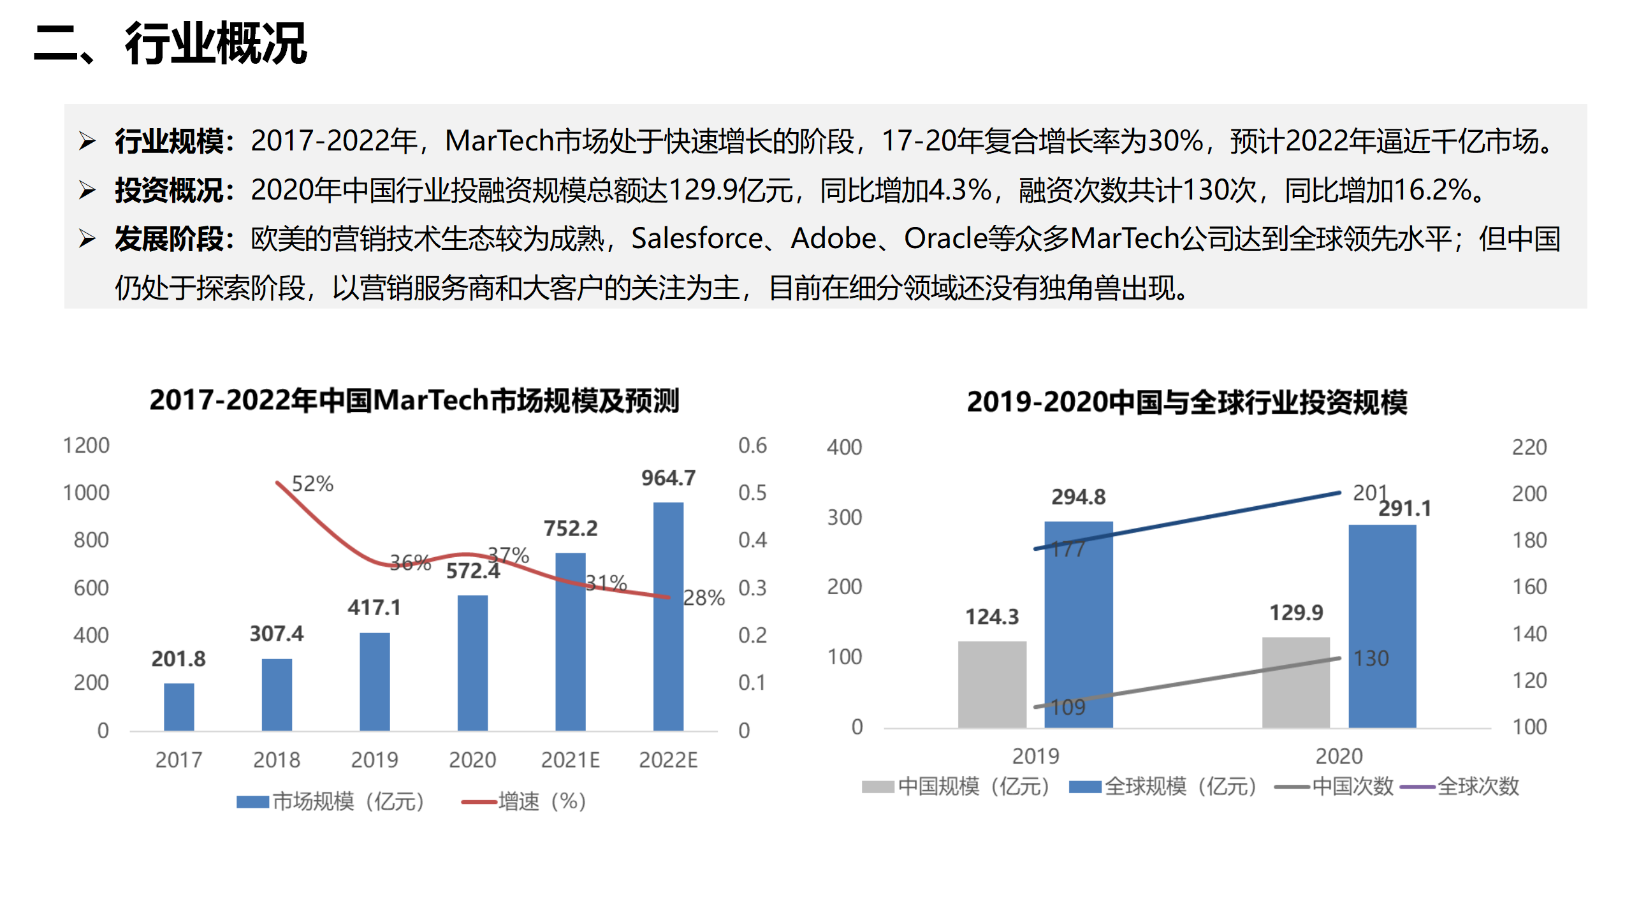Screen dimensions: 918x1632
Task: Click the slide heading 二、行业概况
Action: click(171, 43)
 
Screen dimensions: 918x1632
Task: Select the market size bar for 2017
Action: click(178, 706)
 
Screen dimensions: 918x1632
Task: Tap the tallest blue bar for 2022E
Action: click(668, 616)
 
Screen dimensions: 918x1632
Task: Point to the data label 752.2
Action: click(571, 528)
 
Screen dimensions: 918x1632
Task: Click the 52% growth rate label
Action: click(312, 484)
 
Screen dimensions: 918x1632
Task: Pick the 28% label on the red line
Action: click(704, 598)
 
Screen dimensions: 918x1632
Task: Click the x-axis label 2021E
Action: click(570, 760)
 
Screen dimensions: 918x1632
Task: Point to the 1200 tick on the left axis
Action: click(86, 446)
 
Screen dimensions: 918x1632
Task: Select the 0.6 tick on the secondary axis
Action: click(752, 446)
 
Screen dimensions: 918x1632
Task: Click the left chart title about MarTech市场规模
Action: click(414, 400)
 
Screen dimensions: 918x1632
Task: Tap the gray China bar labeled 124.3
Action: click(992, 684)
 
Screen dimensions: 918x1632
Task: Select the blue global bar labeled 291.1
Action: click(1382, 626)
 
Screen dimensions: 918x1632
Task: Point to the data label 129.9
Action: click(1296, 613)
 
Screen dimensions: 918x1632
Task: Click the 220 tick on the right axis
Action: click(1529, 448)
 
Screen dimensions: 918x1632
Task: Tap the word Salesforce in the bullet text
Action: click(697, 239)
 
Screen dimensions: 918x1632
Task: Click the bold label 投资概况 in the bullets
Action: click(169, 191)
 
